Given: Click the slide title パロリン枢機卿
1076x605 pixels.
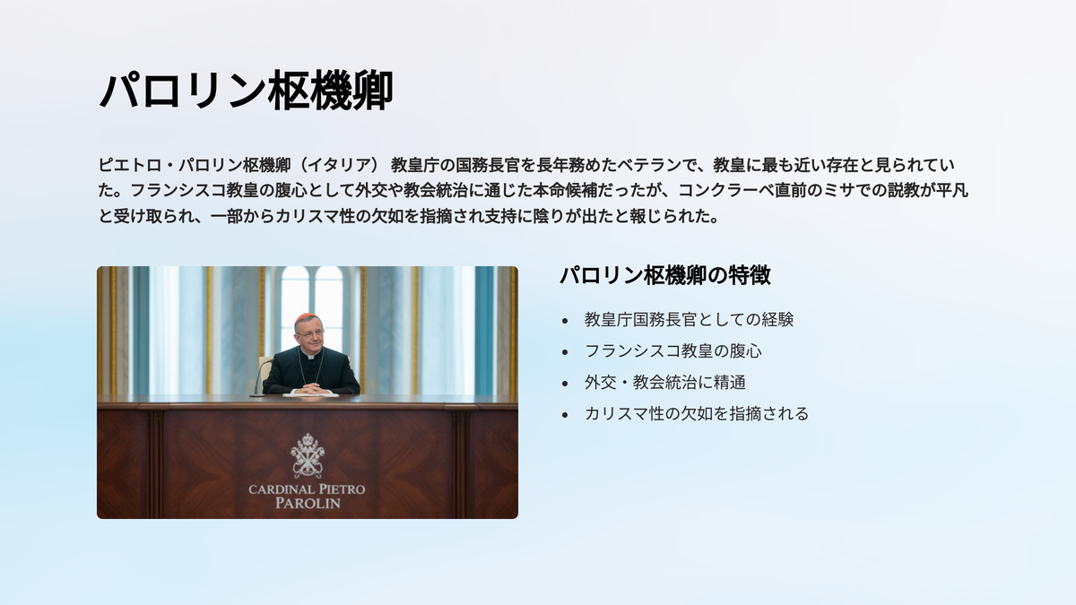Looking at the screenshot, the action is click(246, 91).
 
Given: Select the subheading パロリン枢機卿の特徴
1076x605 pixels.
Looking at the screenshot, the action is click(665, 276).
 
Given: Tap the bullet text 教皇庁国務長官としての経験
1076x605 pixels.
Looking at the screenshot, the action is click(689, 320).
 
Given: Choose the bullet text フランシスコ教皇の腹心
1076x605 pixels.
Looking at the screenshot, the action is click(673, 351).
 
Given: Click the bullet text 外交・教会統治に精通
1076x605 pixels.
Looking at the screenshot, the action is click(664, 383).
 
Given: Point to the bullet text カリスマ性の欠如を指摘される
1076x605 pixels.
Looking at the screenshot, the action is click(697, 414).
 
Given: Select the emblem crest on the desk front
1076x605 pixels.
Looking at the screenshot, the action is click(308, 455).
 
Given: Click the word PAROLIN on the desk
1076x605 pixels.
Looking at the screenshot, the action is click(308, 504).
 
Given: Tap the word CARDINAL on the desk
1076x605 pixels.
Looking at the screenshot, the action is click(281, 489).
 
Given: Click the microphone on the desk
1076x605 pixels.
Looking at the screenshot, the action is click(260, 378).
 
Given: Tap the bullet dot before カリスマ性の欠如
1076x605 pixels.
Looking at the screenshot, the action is click(565, 415).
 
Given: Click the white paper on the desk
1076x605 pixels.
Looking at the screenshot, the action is click(310, 395).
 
